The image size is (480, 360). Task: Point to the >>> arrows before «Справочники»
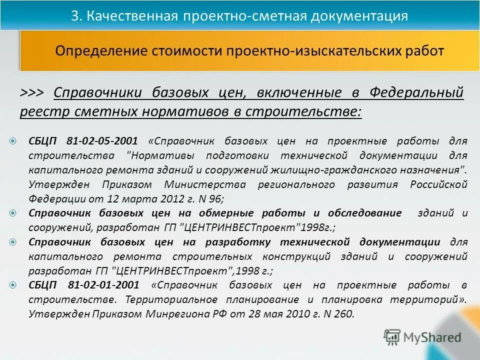pos(32,93)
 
